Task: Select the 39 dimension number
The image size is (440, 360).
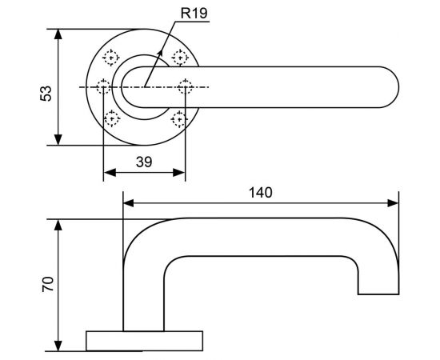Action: tap(144, 161)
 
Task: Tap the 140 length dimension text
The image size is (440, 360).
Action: tap(261, 192)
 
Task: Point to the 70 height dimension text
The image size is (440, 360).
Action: tap(47, 285)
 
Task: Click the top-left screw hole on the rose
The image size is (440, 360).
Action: tap(111, 57)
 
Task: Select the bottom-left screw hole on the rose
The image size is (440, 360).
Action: tap(111, 120)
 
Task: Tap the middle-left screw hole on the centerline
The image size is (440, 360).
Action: tap(103, 86)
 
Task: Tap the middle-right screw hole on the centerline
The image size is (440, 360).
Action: tap(185, 86)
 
